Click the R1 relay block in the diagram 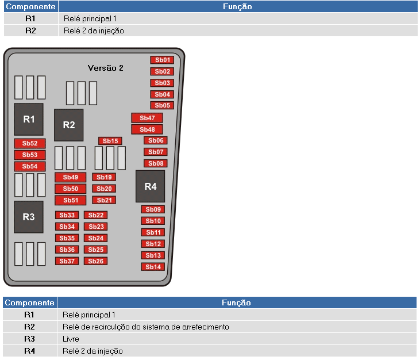(x=29, y=119)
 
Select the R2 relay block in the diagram (x=69, y=125)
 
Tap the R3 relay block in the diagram (x=29, y=217)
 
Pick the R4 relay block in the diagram (x=151, y=186)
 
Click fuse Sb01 (x=162, y=60)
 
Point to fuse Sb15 (x=110, y=141)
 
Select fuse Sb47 (x=147, y=118)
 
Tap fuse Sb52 (x=30, y=143)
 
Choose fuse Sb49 (x=71, y=177)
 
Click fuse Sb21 (x=104, y=200)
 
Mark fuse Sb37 (x=67, y=261)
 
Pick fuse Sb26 (x=95, y=261)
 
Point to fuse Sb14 (x=153, y=267)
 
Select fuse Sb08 (x=156, y=163)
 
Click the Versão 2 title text (x=106, y=68)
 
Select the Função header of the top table (x=238, y=6)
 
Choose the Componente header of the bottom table (x=29, y=302)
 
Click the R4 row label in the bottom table (x=29, y=351)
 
